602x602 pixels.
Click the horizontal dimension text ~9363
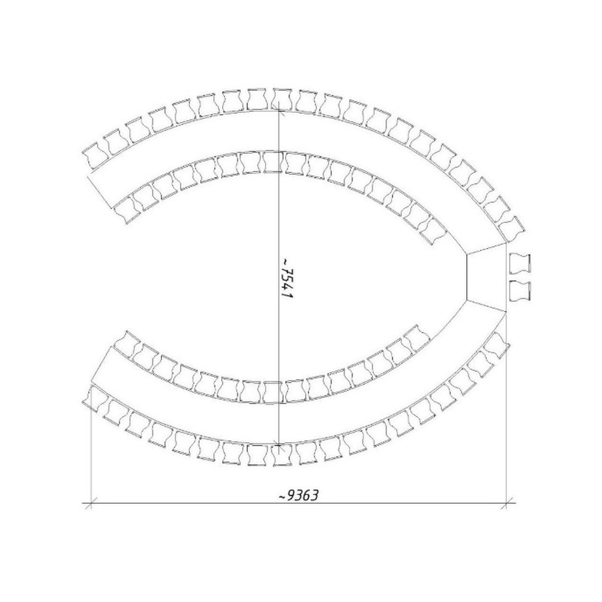tap(299, 496)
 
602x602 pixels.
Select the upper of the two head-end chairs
tap(520, 264)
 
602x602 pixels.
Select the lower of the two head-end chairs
tap(520, 292)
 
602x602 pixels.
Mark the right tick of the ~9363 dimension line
tap(506, 502)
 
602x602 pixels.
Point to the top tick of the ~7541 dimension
tap(279, 112)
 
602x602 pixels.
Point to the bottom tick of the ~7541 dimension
tap(279, 445)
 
